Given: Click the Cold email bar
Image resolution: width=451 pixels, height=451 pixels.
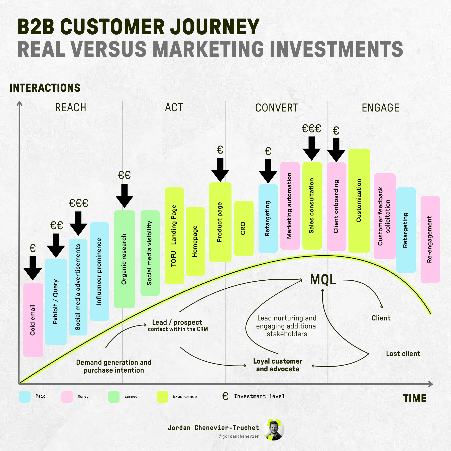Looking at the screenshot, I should point(33,320).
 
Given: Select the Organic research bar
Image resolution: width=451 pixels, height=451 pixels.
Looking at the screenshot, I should point(124,259).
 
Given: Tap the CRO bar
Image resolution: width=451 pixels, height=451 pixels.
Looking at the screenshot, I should point(244,228).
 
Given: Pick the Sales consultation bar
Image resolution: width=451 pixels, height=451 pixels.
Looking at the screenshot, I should point(312,206).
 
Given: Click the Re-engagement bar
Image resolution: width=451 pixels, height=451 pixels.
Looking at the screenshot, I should point(430,239).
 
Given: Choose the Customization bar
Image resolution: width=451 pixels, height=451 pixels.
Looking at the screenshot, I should point(359,200).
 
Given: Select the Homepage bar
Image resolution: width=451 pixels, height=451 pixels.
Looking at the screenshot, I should point(195,242).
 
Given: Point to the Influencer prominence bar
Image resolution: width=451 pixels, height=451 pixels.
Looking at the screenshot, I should point(99,271).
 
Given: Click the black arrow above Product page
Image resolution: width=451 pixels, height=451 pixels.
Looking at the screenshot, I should point(220,170).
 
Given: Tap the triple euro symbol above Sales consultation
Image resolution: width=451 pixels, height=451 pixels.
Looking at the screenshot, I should point(311,129).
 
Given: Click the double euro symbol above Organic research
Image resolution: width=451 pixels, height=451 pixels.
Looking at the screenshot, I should point(124,175).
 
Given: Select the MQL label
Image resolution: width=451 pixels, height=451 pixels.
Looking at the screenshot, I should point(323,280).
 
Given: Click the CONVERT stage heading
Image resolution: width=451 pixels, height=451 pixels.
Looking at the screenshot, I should point(277,108).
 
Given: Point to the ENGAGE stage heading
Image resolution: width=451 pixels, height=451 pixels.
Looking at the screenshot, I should point(380,108).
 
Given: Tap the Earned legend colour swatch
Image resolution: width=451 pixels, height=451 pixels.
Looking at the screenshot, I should point(114,397).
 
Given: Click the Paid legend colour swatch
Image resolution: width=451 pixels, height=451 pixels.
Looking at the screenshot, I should point(25,397).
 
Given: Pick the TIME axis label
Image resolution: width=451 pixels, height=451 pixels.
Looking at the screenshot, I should point(415,398).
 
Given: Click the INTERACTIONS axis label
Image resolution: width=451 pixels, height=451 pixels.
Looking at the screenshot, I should point(45,88).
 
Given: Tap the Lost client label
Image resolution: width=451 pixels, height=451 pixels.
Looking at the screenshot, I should point(403,354).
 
